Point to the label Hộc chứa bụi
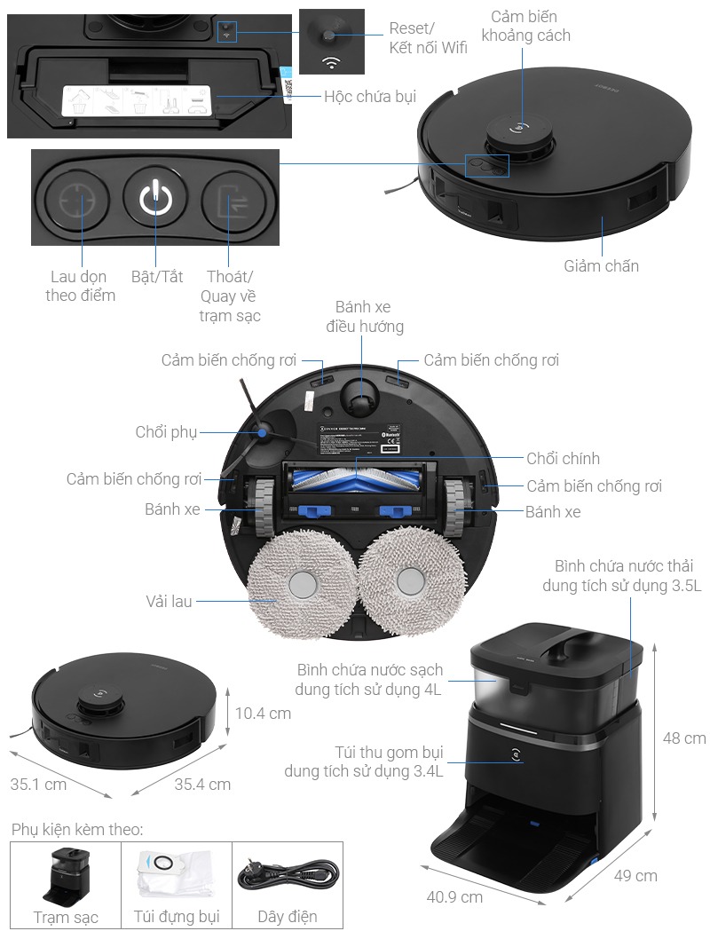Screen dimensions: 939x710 (x=370, y=97)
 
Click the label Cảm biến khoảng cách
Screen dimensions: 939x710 (x=531, y=26)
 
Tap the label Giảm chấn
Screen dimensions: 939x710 (x=601, y=265)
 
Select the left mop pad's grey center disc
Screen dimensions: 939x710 (x=303, y=584)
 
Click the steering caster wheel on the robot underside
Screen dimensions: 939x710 (x=359, y=395)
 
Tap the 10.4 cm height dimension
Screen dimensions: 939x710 (x=264, y=713)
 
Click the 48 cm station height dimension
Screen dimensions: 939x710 (x=684, y=738)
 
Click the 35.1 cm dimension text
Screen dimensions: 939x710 (x=37, y=785)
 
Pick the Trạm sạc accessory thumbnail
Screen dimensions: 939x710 (x=67, y=873)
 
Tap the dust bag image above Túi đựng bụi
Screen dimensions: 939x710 (x=175, y=872)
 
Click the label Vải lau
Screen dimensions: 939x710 (x=169, y=601)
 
